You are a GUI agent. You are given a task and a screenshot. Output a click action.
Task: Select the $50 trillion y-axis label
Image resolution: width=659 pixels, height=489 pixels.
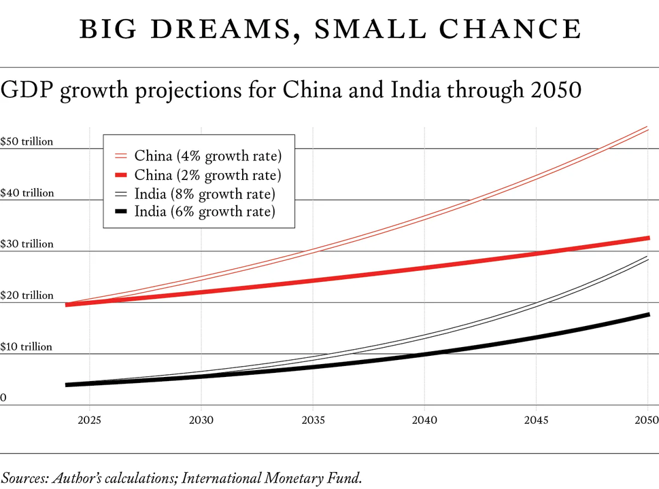coord(27,142)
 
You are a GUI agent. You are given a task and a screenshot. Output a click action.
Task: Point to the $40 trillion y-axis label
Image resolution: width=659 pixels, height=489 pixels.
coord(27,193)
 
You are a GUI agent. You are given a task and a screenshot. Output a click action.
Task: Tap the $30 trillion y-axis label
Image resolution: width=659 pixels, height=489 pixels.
coord(27,244)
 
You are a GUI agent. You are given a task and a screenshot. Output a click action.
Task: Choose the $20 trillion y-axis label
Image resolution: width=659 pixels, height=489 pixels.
coord(27,295)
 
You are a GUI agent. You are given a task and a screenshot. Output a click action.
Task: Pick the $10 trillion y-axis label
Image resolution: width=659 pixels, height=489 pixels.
coord(27,346)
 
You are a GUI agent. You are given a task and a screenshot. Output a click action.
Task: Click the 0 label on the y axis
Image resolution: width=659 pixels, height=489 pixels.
coord(3,398)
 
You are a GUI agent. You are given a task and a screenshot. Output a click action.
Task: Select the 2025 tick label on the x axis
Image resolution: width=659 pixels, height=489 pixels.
coord(89,420)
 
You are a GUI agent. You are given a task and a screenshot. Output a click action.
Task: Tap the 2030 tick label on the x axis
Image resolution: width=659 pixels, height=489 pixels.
coord(201,420)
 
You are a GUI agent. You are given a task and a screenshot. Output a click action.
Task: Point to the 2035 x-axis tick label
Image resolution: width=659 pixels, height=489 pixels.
coord(313,420)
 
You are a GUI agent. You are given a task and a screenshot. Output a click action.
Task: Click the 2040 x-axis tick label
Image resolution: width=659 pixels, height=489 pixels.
coord(424,420)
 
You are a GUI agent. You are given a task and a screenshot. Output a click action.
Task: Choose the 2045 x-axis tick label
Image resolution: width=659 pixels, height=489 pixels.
coord(536,420)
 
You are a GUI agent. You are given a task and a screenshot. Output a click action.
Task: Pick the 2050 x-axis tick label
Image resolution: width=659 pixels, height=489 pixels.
coord(647,420)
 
